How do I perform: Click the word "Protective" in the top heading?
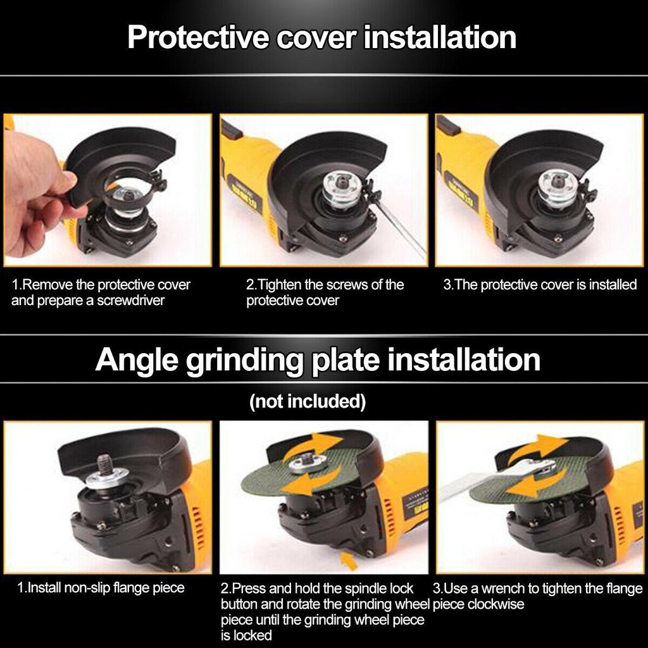click(x=197, y=37)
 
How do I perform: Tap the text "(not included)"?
click(x=308, y=401)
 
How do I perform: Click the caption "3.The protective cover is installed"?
click(x=539, y=285)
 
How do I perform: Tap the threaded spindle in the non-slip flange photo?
click(x=104, y=464)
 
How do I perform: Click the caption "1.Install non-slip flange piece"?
click(x=100, y=588)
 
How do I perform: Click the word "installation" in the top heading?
click(x=441, y=37)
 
